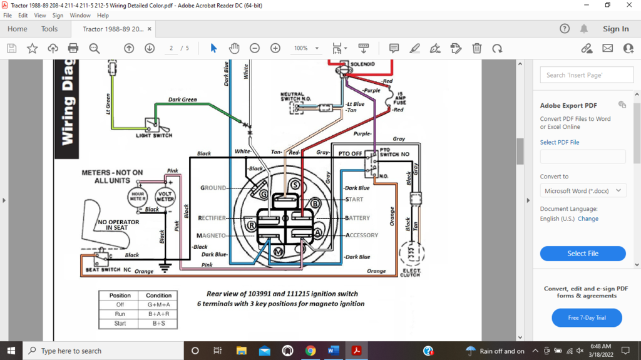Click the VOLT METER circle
pyautogui.click(x=165, y=196)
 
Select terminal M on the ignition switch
pyautogui.click(x=279, y=251)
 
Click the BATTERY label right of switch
pyautogui.click(x=358, y=218)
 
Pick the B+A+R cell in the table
pyautogui.click(x=158, y=314)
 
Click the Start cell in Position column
pyautogui.click(x=120, y=324)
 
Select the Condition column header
pyautogui.click(x=158, y=296)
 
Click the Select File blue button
pyautogui.click(x=583, y=254)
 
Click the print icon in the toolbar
pyautogui.click(x=73, y=48)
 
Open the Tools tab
pyautogui.click(x=49, y=29)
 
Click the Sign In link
pyautogui.click(x=615, y=29)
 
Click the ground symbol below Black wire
pyautogui.click(x=165, y=267)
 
